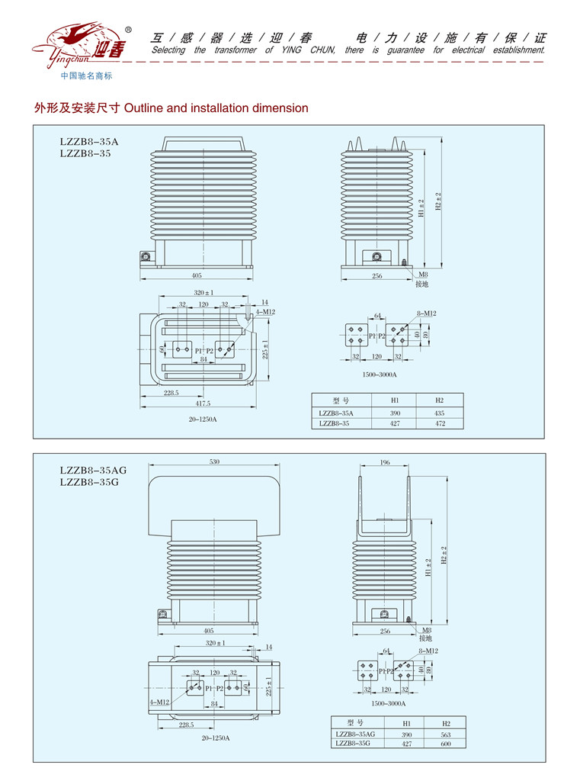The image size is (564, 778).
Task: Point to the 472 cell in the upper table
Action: [439, 423]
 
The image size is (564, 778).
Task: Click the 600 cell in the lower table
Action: [447, 743]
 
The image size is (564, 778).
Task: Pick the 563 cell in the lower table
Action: [447, 733]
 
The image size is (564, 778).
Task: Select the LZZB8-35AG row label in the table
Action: [354, 733]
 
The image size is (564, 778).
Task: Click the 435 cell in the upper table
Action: [439, 413]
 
